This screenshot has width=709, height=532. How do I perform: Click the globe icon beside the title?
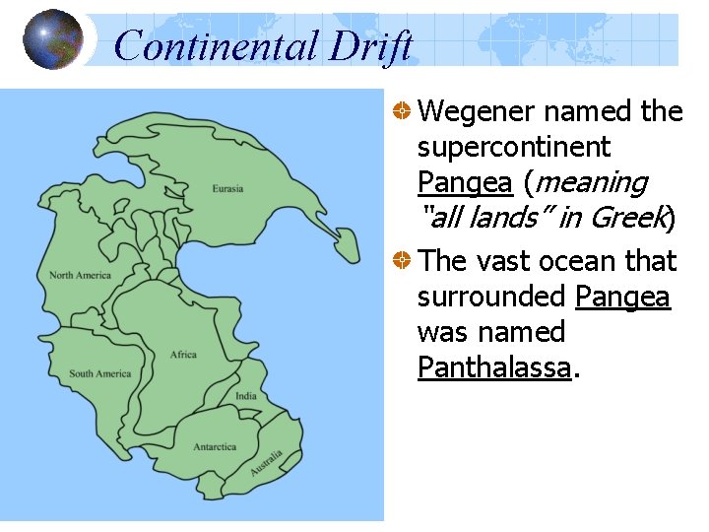tap(53, 39)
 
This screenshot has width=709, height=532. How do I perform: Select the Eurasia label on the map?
tap(227, 188)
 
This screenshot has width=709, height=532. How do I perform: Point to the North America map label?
tap(81, 275)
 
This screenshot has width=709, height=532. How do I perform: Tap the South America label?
tap(99, 373)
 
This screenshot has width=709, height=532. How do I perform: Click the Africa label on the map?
tap(183, 355)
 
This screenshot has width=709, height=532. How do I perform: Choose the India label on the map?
tap(245, 397)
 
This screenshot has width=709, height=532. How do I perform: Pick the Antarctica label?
tap(215, 446)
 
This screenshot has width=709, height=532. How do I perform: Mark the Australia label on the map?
tap(266, 463)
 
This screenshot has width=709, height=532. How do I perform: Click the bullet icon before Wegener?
tap(402, 112)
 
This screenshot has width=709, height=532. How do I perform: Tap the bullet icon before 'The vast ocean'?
tap(402, 262)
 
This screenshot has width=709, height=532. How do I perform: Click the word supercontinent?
tap(514, 148)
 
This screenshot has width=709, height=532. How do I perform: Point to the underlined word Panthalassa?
tap(494, 368)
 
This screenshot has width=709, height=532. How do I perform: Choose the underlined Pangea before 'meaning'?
tap(465, 183)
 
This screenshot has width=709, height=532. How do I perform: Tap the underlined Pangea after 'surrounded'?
tap(623, 297)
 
